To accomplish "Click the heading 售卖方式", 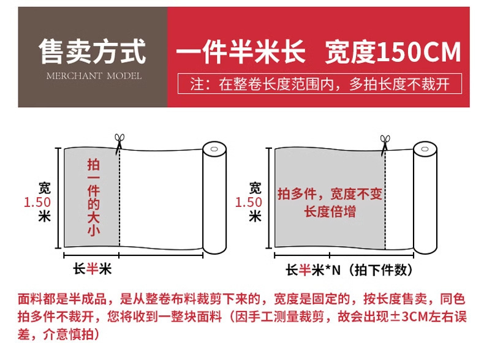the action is pos(92,51).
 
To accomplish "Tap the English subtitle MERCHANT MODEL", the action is pos(94,76).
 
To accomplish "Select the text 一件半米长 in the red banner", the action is pos(241,52).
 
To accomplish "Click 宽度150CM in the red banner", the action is pos(393,52).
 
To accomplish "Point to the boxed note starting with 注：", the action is pos(320,84).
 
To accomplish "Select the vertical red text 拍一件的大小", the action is pos(93,197).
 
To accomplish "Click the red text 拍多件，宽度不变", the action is pos(330,193).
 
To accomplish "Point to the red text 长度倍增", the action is pos(330,212).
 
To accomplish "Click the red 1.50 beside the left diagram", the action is pos(37,203).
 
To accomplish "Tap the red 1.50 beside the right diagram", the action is pos(249,203).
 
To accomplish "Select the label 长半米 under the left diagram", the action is pos(92,269).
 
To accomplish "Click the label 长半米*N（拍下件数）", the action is pos(349,270).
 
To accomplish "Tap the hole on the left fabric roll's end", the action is pos(214,149).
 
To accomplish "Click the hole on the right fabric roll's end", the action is pos(425,149).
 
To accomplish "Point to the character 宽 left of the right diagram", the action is pos(255,188).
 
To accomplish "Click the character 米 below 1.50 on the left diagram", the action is pos(45,216).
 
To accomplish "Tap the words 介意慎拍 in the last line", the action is pos(69,334).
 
